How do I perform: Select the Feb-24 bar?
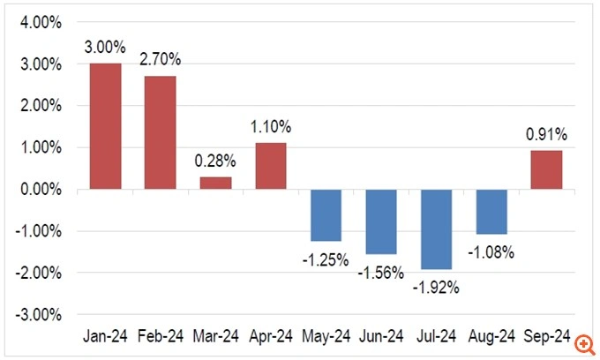coord(161,132)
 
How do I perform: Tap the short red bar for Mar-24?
coord(216,183)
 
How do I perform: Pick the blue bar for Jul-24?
coord(436,229)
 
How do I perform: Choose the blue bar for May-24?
coord(326,215)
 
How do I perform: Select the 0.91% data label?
coord(546,136)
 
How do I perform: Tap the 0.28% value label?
coord(216,162)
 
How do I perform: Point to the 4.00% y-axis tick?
coord(41,23)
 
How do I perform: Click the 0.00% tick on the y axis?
coord(41,189)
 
